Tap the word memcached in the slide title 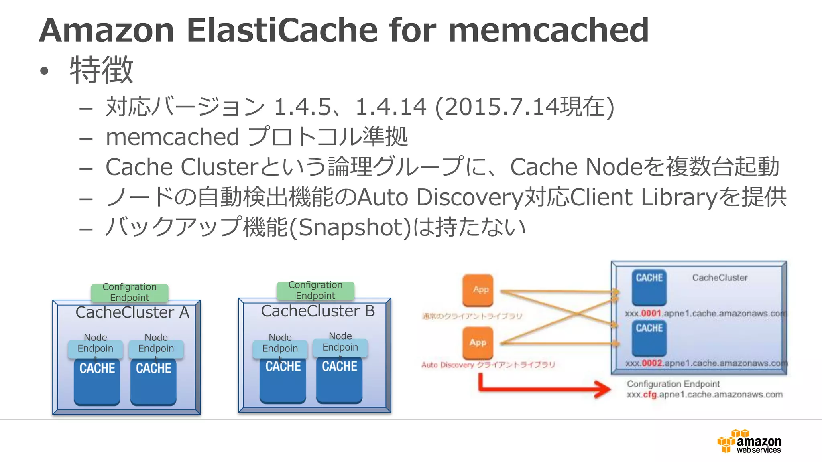548,30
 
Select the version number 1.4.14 391,107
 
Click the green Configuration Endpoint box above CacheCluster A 129,292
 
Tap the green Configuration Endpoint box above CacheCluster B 315,290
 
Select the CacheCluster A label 132,312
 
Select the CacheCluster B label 318,311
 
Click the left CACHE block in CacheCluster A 97,381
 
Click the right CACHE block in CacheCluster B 339,379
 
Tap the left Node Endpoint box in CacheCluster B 280,348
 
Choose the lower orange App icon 478,342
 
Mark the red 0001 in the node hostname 651,313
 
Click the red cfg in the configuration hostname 650,395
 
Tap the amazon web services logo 749,442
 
